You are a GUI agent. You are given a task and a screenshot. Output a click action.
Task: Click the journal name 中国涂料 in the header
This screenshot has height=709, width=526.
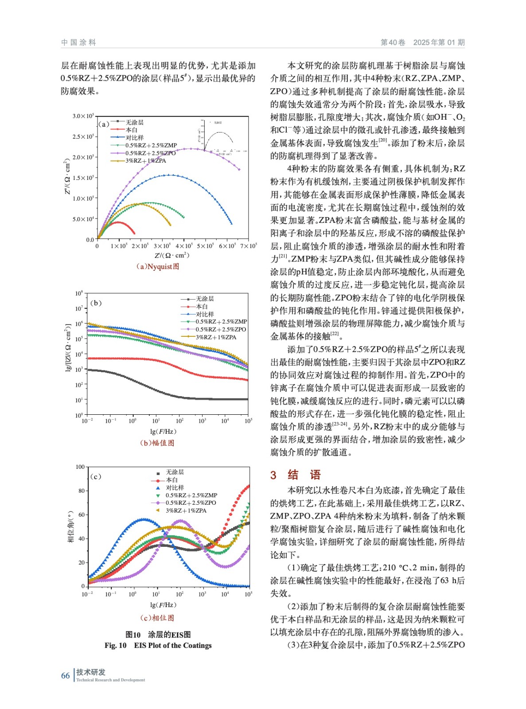pos(78,43)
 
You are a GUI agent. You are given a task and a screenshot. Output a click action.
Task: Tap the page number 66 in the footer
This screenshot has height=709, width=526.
pos(65,675)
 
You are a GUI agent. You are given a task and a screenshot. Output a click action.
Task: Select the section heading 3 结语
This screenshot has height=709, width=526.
pos(296,475)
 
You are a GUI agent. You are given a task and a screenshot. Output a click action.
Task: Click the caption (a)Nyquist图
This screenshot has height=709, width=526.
pos(157,266)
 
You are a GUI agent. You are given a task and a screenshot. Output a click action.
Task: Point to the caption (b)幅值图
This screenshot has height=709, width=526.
pos(157,443)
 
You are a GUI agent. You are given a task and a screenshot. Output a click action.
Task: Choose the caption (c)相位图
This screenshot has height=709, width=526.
pos(157,618)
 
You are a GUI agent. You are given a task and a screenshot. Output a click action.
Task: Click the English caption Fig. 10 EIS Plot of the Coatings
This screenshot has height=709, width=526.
pos(158,645)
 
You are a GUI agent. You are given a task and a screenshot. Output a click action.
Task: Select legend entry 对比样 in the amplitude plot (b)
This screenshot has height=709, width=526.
pos(205,314)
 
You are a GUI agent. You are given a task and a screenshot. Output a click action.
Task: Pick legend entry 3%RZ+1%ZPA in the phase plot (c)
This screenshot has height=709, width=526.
pos(186,510)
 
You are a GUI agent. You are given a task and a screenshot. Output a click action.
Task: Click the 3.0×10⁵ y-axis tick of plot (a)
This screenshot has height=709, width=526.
pos(83,116)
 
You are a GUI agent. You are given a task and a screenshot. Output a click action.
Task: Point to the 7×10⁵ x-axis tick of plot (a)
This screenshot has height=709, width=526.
pos(248,246)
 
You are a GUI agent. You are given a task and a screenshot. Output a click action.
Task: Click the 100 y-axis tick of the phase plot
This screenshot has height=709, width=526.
pos(80,467)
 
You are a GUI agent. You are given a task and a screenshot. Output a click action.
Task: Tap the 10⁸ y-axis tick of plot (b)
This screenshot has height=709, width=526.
pos(79,293)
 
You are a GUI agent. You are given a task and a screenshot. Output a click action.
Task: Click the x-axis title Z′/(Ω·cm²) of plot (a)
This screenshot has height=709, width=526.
pos(171,256)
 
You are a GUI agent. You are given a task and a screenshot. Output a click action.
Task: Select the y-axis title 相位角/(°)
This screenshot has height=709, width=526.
pos(70,526)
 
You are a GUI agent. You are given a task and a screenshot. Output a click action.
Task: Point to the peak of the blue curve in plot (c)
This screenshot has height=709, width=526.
pos(143,519)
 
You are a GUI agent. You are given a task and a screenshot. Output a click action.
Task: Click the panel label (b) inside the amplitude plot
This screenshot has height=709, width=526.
pos(96,303)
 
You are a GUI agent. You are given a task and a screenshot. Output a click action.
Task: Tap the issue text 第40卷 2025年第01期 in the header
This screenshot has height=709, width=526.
pos(422,43)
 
